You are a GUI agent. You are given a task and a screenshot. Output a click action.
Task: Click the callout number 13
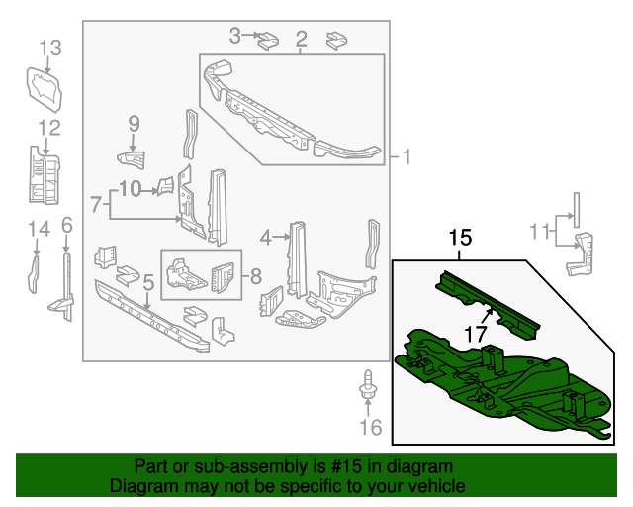pos(49,47)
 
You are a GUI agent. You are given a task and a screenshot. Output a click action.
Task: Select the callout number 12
pos(49,127)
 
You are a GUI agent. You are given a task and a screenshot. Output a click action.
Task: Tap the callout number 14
pos(38,230)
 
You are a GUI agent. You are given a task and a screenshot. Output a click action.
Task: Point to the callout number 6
pos(66,225)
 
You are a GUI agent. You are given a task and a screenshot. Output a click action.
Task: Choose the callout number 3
pos(234,36)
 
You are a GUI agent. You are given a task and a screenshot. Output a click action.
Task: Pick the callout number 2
pos(301,39)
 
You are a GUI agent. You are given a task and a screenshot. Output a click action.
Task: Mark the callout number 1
pos(406,156)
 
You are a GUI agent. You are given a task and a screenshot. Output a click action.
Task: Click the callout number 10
pos(131,187)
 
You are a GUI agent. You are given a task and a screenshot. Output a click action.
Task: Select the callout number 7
pos(96,205)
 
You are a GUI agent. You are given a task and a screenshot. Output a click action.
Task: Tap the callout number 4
pos(265,236)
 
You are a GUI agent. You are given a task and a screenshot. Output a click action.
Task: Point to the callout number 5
pos(147,284)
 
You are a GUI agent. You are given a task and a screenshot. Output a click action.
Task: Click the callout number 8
pos(254,276)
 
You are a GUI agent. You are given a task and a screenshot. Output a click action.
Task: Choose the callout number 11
pos(538,232)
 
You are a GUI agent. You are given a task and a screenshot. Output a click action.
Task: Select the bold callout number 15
pos(460,238)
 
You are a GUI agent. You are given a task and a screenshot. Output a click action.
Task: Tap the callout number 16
pos(369,428)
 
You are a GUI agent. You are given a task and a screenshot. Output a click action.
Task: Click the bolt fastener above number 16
pos(368,387)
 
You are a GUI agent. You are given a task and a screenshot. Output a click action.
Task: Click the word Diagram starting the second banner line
pos(140,486)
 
